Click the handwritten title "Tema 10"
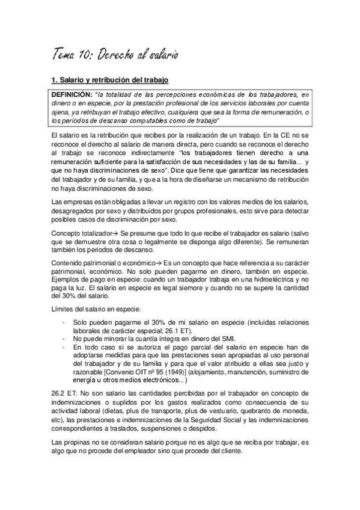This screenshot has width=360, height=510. pyautogui.click(x=70, y=56)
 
